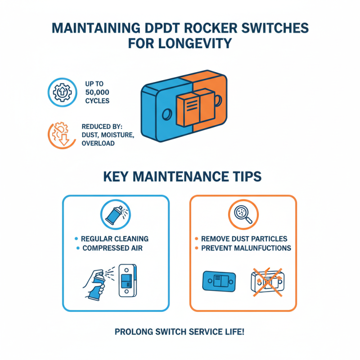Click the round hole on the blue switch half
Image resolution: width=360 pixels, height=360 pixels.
tap(166, 114)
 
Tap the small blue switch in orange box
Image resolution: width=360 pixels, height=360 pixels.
tap(220, 281)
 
